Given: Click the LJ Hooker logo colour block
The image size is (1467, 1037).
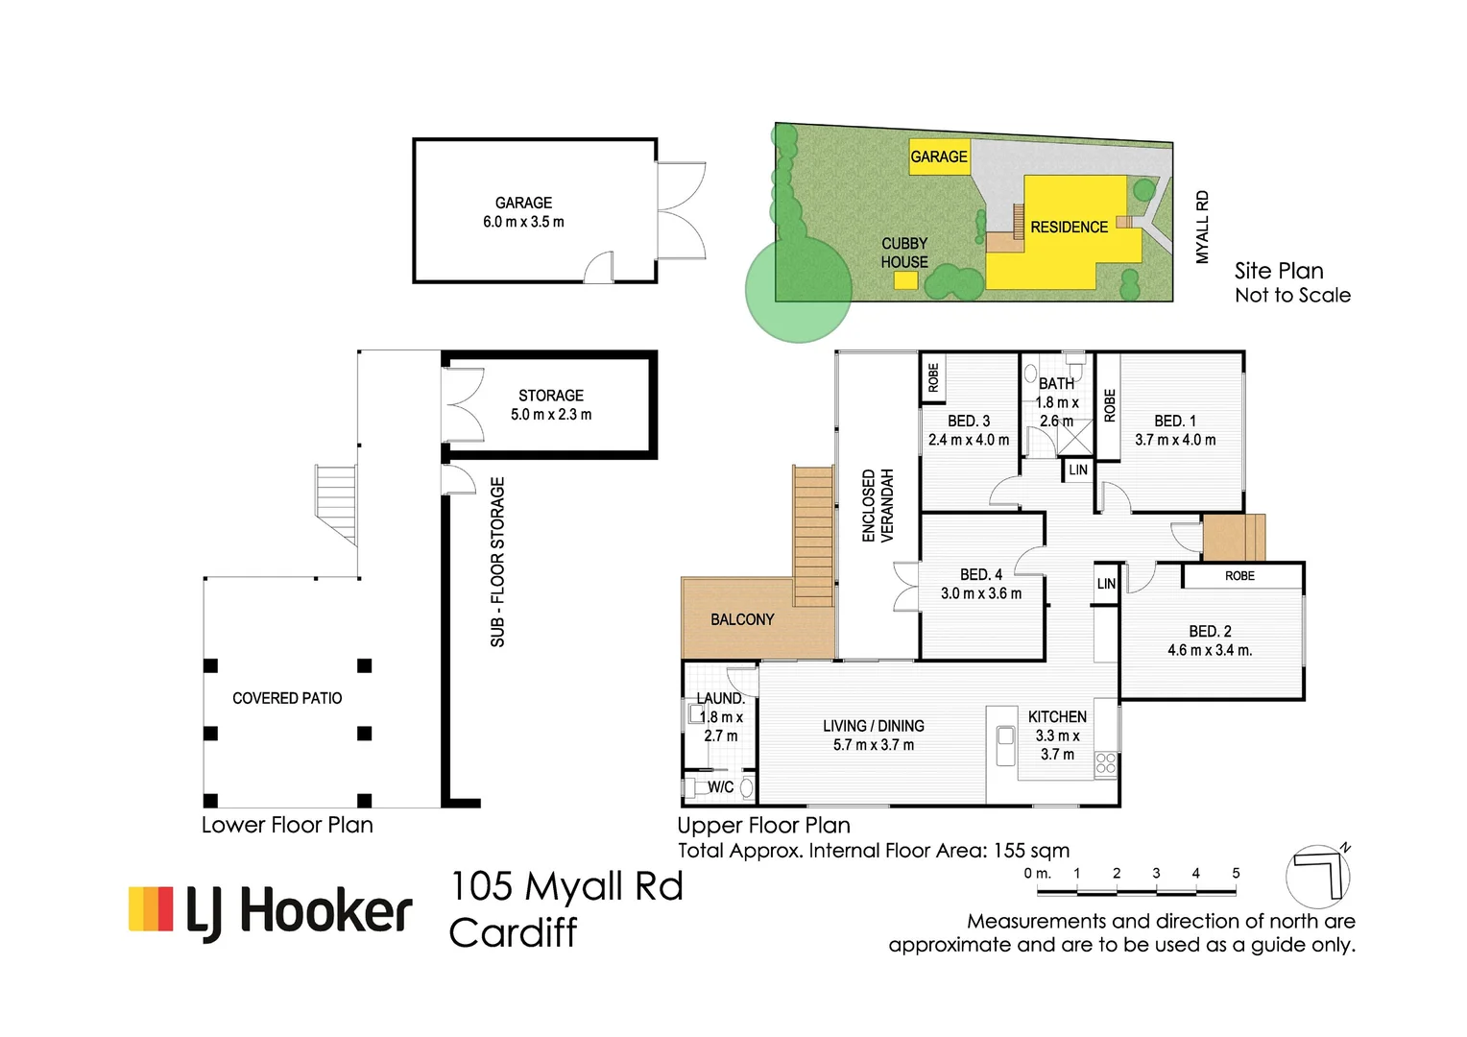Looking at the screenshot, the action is click(151, 908).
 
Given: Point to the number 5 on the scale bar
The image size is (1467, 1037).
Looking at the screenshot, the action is click(1236, 873).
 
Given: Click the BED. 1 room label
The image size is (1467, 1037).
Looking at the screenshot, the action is click(1175, 430).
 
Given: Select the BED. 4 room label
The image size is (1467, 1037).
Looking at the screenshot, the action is click(981, 584).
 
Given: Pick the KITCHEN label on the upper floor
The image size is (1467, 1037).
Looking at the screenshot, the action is click(1057, 716).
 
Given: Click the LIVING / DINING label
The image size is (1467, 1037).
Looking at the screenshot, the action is click(874, 726).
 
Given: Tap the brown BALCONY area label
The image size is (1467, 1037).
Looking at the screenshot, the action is click(742, 619).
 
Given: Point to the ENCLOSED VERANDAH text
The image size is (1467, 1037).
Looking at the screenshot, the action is click(878, 506).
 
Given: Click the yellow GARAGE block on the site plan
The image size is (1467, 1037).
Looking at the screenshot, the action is click(939, 157).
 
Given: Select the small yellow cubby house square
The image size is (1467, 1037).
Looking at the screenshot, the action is click(905, 280).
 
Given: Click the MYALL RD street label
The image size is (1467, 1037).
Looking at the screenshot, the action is click(1202, 228).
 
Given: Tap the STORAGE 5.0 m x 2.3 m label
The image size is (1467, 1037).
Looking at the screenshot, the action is click(551, 405).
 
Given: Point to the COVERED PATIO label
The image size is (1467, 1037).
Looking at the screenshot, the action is click(287, 698).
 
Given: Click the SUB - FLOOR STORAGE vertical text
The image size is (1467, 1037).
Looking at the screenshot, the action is click(497, 562).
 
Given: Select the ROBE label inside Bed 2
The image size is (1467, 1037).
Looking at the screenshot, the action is click(1239, 576).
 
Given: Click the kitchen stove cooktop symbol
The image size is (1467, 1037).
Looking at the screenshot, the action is click(1106, 763).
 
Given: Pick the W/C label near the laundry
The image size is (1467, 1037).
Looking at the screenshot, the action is click(720, 786).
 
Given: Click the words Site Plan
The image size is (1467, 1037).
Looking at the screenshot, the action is click(1279, 271).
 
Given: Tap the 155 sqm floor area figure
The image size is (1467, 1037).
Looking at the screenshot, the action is click(1031, 851).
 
